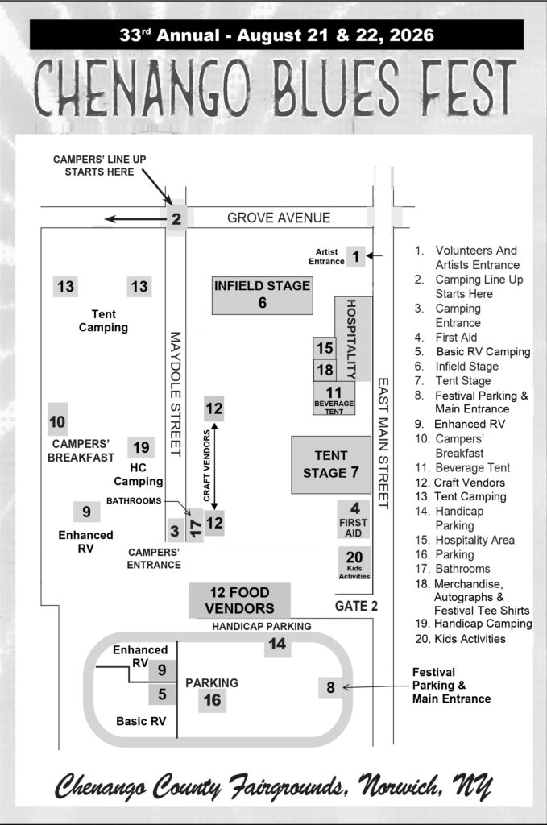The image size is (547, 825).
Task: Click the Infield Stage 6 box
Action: click(262, 295)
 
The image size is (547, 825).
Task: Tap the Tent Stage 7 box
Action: click(331, 465)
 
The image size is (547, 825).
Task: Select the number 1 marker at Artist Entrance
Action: click(355, 256)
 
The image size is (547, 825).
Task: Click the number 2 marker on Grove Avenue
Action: click(176, 218)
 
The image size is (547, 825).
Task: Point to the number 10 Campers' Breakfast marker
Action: click(57, 421)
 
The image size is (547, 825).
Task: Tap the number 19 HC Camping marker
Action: click(141, 447)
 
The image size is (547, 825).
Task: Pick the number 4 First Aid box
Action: click(353, 517)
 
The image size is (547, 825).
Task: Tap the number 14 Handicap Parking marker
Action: click(277, 644)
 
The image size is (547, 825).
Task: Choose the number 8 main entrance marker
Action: click(329, 687)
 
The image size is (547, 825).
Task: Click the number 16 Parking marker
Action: click(212, 699)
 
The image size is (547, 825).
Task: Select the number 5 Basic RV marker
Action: click(162, 693)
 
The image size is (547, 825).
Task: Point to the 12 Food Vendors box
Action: click(239, 601)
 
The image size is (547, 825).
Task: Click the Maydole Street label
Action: click(176, 395)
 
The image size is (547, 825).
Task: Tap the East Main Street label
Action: click(383, 443)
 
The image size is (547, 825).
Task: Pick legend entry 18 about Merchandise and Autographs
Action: click(471, 597)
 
